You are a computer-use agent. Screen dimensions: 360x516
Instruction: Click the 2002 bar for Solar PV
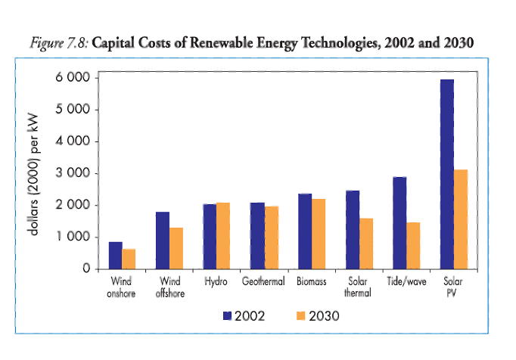tap(446, 174)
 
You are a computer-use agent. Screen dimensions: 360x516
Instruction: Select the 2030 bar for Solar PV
tap(461, 219)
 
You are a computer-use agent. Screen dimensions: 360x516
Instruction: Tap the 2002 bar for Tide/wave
tap(399, 223)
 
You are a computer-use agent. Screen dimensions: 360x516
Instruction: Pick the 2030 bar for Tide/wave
tap(413, 246)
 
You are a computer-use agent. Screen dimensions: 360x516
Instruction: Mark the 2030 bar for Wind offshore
tap(176, 248)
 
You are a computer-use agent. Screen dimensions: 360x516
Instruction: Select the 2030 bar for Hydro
tap(223, 236)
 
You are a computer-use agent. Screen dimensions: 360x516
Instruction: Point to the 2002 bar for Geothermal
tap(257, 236)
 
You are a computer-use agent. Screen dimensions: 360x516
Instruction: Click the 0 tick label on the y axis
tap(87, 269)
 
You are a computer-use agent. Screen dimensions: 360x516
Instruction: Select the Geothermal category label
tap(263, 282)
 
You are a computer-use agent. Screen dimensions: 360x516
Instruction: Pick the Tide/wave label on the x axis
tap(406, 282)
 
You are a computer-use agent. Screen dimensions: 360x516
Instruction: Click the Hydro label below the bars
tap(216, 282)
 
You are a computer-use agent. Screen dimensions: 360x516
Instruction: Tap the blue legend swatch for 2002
tap(227, 315)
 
